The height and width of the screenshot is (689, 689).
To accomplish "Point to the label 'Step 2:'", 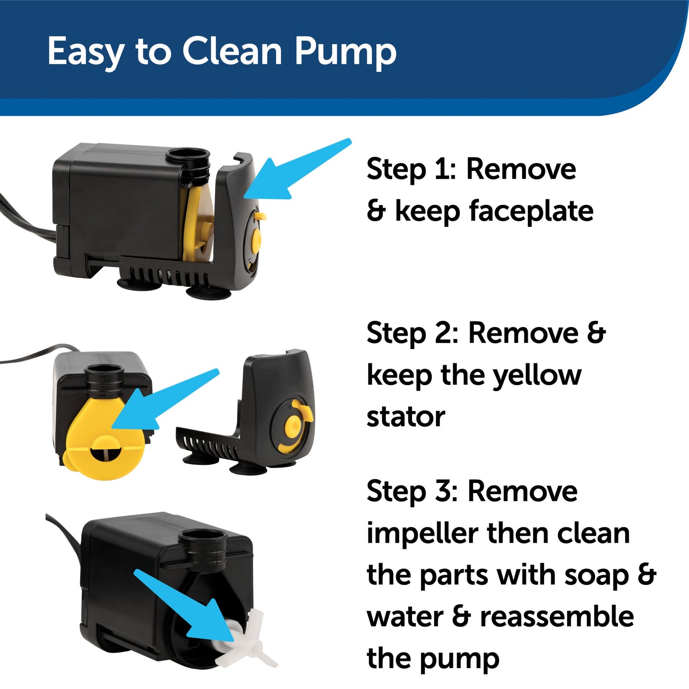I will [412, 333].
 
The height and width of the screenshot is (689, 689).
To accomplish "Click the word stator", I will [406, 417].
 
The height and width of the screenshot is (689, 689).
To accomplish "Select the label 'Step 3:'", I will [412, 491].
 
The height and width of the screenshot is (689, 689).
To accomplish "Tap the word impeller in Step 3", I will [422, 533].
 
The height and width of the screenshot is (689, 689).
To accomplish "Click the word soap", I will [596, 575].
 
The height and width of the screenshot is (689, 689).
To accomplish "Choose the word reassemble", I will [557, 617].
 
